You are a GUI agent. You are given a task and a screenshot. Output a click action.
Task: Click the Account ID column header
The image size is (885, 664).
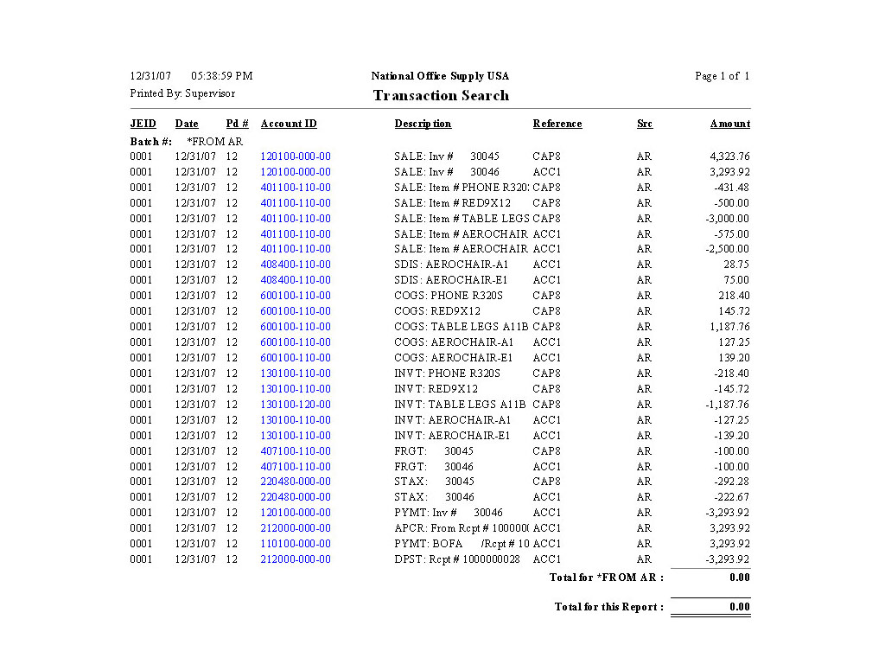click(289, 124)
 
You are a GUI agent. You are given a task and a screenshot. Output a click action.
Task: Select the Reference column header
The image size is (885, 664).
click(557, 124)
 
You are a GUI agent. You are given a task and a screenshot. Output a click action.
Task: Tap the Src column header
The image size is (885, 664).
click(645, 124)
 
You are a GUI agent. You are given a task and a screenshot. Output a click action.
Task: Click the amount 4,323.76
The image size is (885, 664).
click(729, 156)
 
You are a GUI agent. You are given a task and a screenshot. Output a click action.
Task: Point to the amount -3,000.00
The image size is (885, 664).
click(726, 219)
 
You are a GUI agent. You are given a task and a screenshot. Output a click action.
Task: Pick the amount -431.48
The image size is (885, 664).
click(731, 188)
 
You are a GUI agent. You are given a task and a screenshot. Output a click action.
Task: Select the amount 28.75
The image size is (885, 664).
click(736, 265)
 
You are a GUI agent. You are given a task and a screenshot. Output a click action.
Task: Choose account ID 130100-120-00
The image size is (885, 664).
click(296, 405)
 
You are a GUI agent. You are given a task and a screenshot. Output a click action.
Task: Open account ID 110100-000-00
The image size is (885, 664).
click(296, 544)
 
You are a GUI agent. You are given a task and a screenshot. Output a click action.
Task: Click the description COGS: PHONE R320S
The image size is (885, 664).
click(447, 296)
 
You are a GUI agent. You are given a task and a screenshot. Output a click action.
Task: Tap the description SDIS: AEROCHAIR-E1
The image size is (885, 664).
click(451, 280)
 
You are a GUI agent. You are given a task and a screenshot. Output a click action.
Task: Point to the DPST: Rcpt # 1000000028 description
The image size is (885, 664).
click(457, 559)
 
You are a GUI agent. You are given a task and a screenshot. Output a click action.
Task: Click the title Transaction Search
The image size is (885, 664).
click(441, 95)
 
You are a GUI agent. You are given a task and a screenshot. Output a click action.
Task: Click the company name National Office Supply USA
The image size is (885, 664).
click(440, 76)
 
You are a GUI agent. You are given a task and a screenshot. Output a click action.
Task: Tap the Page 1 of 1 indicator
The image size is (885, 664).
click(722, 76)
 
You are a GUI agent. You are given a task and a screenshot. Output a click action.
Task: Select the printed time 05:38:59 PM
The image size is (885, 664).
click(222, 76)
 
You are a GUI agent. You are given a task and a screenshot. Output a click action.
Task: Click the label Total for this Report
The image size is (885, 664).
click(609, 607)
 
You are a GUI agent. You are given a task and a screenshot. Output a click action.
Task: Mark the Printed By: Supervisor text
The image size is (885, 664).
click(182, 93)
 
